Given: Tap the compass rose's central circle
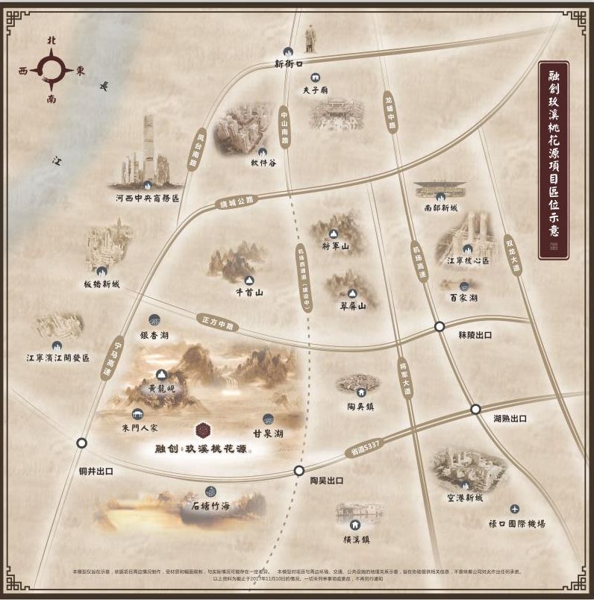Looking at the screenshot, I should (51, 71).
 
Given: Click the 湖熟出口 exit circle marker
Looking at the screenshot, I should (475, 409).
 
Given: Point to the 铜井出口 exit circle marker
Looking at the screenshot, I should (81, 443).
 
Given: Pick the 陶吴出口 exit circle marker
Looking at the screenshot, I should (299, 470).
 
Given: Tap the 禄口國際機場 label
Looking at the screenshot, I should (516, 524).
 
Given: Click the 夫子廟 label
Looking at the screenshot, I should (316, 90).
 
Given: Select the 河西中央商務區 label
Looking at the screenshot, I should (147, 199).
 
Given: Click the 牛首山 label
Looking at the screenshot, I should (248, 293).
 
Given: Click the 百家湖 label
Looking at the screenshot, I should (463, 299).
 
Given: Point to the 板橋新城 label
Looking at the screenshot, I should (101, 284).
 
